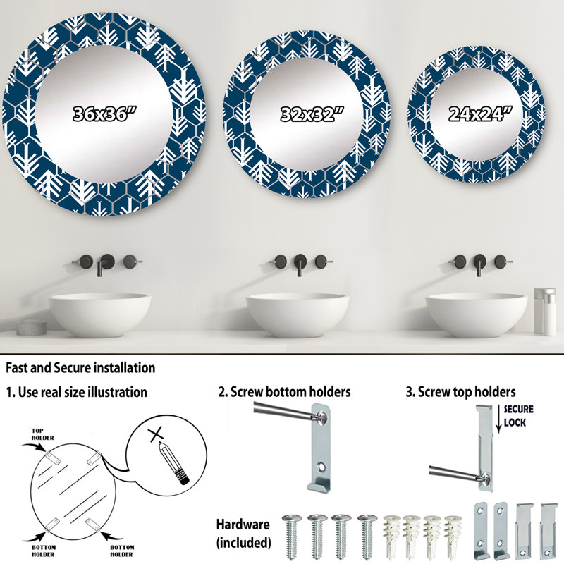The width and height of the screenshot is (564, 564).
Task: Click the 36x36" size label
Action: coord(104,114)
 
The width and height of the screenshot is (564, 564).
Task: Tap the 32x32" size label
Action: coord(312,114)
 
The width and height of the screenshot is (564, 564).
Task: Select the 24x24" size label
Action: coord(480,114)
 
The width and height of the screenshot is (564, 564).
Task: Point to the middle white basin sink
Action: coord(298,314)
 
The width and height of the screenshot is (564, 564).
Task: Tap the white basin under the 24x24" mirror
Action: coord(477,314)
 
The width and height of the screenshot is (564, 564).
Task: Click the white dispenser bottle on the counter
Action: coord(544,311)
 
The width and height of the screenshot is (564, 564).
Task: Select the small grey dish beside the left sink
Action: coord(32,327)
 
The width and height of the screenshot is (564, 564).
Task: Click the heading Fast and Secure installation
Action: coord(80,367)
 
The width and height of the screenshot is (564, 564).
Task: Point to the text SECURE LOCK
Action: coord(518,415)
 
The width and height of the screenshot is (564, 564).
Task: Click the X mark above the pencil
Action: coord(156,434)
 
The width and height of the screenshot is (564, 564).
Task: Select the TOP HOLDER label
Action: coord(42,434)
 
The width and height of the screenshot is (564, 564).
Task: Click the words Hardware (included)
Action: coord(243,533)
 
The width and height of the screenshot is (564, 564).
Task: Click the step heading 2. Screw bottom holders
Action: coord(284,392)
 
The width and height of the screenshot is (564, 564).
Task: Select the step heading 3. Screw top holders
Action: coord(460,392)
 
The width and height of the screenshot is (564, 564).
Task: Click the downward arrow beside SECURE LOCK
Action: coord(498,419)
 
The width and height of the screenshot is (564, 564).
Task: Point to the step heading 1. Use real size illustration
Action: coord(76,392)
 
